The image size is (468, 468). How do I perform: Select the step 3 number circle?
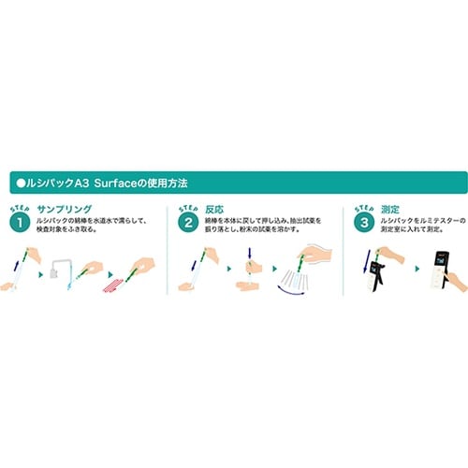coord(363,223)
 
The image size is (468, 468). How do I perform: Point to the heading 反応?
coord(217,212)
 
